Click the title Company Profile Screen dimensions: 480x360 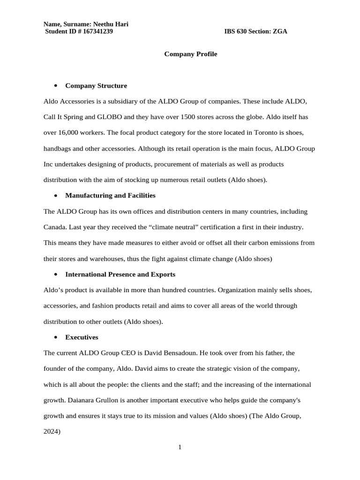click(190, 54)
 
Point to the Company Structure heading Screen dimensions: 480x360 click(96, 86)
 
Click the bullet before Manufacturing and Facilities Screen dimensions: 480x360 click(55, 195)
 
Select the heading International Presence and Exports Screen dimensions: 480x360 click(120, 274)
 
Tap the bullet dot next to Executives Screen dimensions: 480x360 click(55, 337)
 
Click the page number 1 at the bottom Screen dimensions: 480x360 click(180, 447)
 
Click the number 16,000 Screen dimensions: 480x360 click(68, 133)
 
